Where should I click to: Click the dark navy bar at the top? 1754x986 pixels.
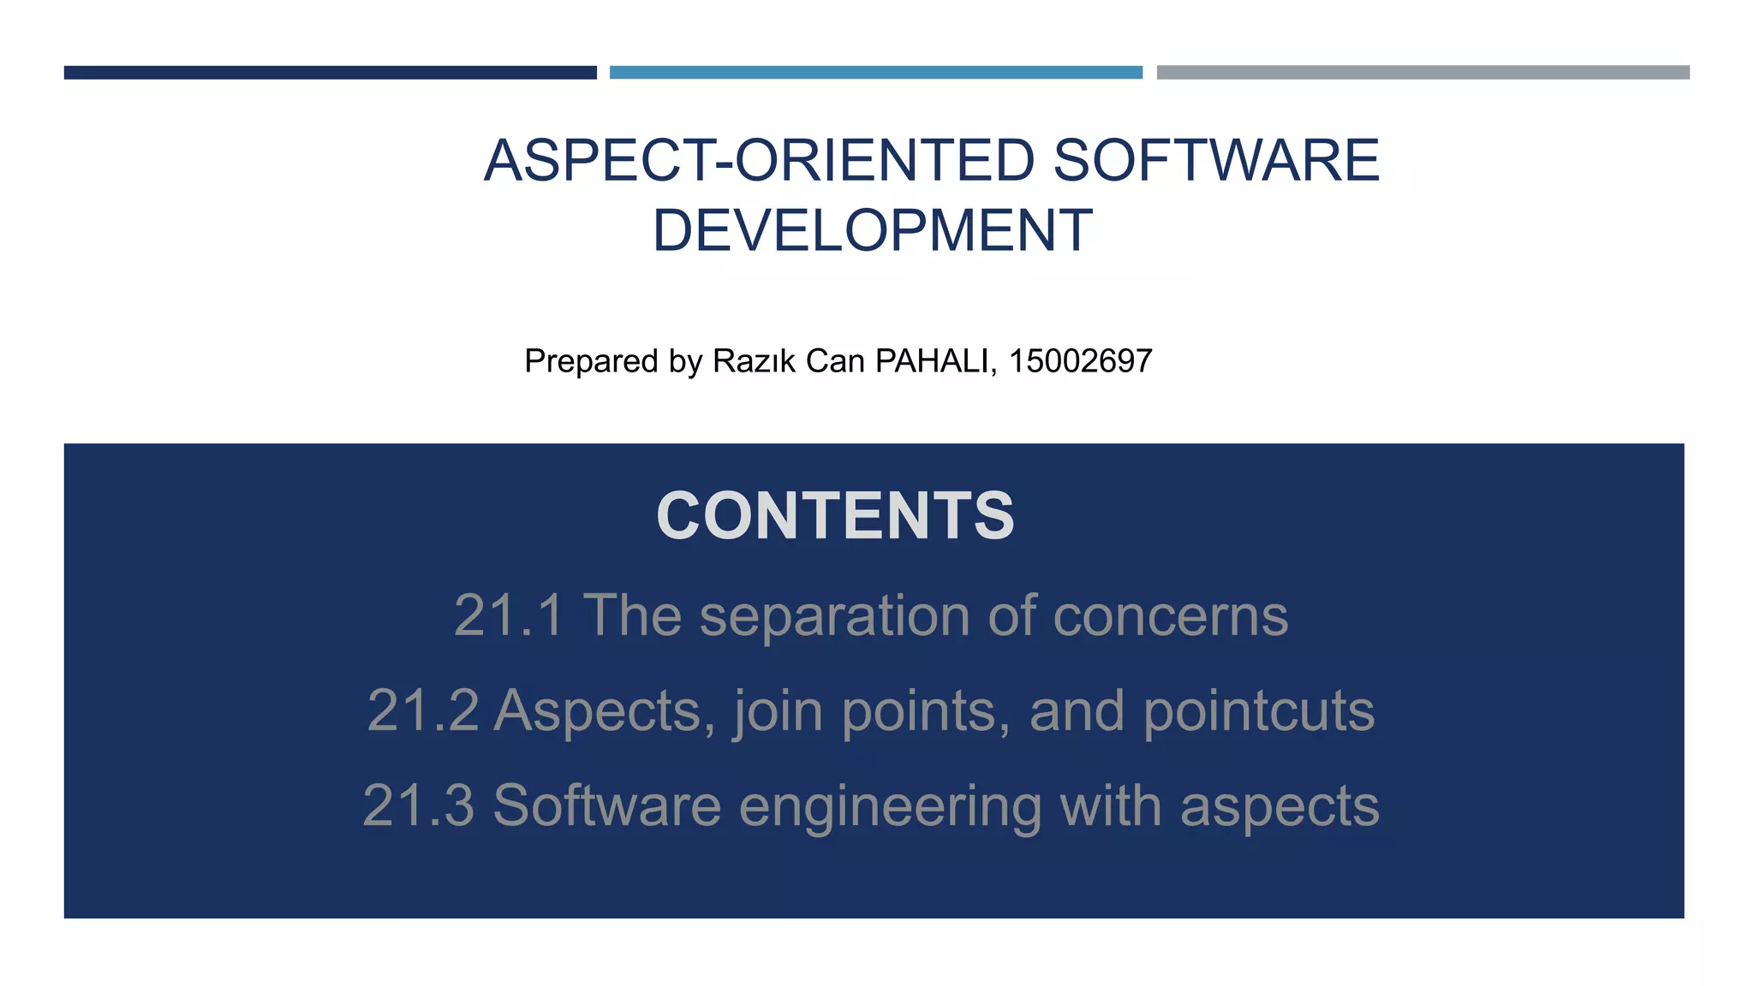point(330,73)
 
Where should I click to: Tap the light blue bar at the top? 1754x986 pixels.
point(875,73)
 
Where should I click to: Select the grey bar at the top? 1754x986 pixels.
point(1423,73)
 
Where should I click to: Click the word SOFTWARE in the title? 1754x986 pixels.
point(1216,161)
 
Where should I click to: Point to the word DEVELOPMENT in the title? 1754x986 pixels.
point(872,231)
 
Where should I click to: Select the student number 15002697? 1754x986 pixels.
point(1080,361)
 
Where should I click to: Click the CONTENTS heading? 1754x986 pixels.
point(835,516)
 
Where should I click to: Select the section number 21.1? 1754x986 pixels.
point(509,615)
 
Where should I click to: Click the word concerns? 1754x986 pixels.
point(1170,615)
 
